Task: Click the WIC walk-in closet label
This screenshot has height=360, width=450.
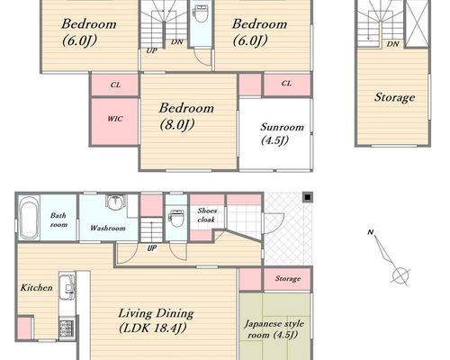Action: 115,119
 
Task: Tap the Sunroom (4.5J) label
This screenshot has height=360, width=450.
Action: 282,133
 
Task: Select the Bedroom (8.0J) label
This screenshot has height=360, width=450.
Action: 186,116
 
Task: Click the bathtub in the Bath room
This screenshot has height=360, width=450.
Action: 29,217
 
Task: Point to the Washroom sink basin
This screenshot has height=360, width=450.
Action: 114,202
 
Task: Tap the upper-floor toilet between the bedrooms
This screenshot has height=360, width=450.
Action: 200,13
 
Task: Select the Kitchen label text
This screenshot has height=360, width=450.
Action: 36,288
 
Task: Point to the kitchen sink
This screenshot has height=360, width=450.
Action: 67,287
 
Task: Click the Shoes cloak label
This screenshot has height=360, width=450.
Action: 207,215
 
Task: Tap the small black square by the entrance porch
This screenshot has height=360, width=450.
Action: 308,197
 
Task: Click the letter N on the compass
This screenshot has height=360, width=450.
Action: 371,232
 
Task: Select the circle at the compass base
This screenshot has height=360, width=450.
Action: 401,274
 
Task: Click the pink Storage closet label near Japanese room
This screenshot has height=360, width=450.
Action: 288,279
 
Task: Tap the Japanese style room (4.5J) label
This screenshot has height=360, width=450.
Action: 274,329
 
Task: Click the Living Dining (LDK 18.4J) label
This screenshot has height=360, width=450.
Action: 156,320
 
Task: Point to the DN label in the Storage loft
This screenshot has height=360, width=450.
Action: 392,44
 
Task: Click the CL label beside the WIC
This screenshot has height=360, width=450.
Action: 115,85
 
